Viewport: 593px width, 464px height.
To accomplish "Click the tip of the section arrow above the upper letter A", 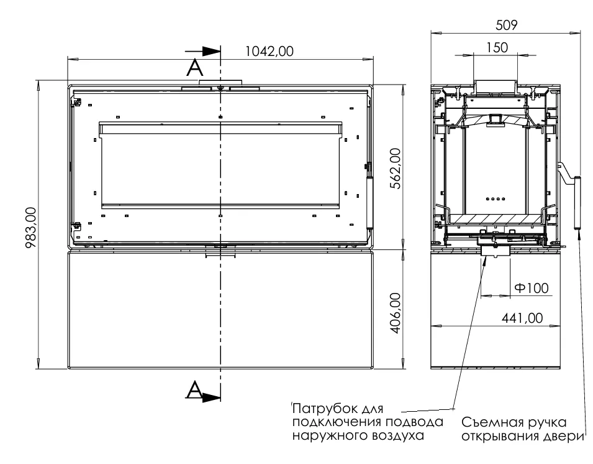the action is (220, 52).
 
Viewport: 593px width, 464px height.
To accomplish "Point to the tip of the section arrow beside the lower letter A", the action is (220, 397).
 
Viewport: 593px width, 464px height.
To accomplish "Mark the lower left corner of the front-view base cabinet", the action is (68, 368).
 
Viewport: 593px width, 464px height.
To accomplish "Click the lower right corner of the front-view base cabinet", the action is (374, 368).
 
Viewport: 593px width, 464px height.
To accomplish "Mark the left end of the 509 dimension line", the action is (431, 34).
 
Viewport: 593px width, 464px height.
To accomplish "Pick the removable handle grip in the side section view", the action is (577, 203).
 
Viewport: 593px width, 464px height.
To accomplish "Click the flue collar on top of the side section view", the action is (495, 86).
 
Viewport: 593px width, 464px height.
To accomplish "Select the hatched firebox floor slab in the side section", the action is (496, 219).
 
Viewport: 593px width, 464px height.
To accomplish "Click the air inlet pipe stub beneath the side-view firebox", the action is (496, 251).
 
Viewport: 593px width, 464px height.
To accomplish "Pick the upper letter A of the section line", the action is (195, 68).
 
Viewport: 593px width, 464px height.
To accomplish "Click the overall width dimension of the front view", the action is (269, 51).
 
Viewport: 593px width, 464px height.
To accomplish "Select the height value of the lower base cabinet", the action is (396, 313).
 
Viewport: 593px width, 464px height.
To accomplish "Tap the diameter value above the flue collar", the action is (497, 48).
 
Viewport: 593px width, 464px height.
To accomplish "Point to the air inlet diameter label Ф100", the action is (532, 288).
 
